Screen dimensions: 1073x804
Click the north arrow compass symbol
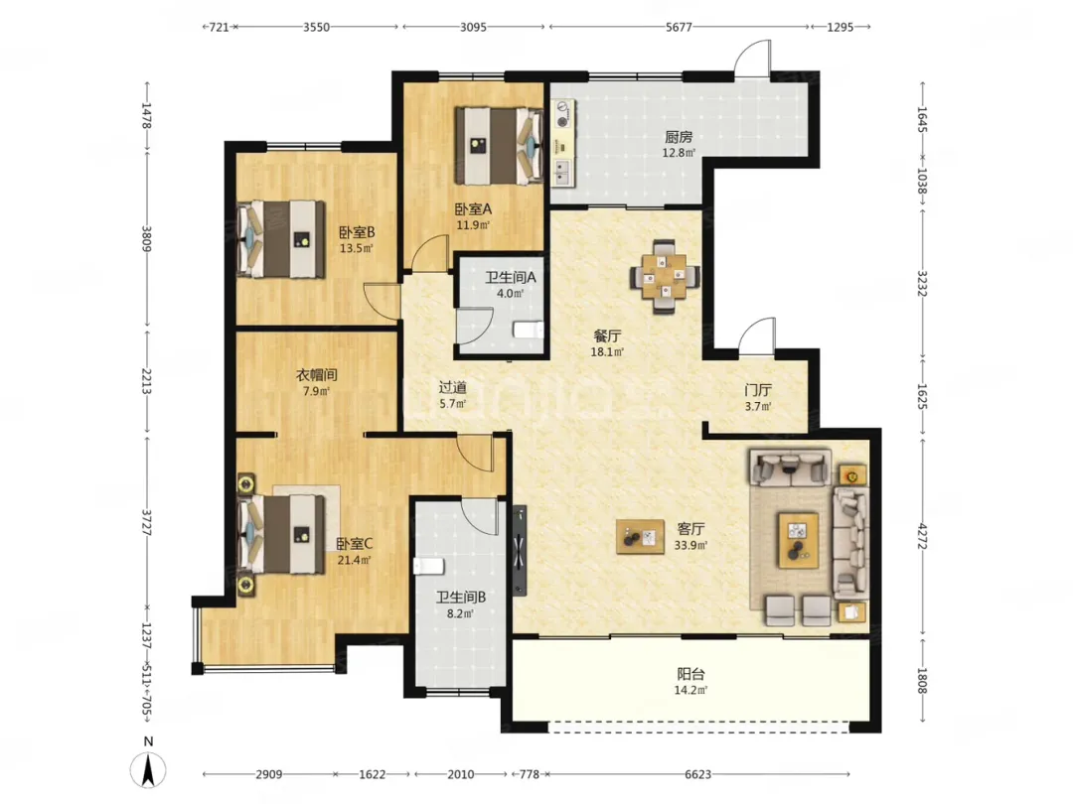(x=148, y=769)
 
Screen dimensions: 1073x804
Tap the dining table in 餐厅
(x=665, y=277)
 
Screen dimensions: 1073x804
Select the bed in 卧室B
(x=280, y=238)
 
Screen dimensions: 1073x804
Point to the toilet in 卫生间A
(x=529, y=331)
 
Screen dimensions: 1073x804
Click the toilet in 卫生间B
(x=429, y=566)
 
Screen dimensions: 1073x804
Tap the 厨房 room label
(x=679, y=137)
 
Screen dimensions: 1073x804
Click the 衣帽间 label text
(x=316, y=374)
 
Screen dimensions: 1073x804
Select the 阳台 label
(x=690, y=673)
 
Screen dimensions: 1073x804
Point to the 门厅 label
(x=758, y=390)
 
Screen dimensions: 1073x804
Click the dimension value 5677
(x=679, y=27)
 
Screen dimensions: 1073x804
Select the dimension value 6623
(x=698, y=774)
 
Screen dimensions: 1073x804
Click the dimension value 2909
(x=269, y=774)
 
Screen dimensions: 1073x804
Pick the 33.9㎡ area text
(x=690, y=545)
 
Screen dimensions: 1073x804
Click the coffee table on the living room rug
(x=798, y=540)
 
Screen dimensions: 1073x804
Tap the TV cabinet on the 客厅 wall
(x=520, y=550)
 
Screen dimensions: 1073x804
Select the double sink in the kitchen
(x=563, y=173)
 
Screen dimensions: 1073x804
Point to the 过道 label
(x=452, y=387)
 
